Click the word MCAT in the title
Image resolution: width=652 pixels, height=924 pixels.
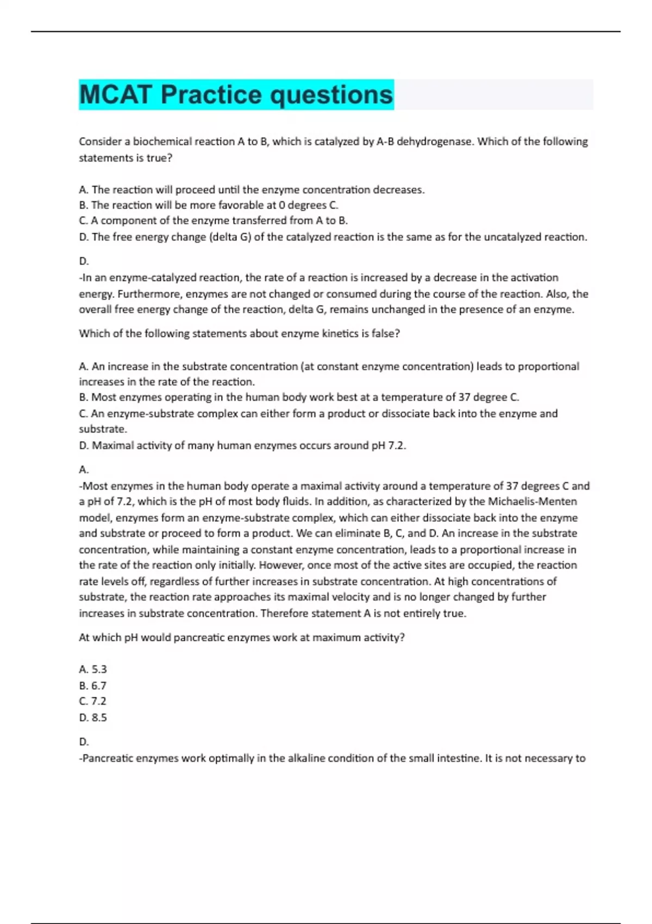[x=115, y=95]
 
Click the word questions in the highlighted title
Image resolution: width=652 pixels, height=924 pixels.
[x=331, y=95]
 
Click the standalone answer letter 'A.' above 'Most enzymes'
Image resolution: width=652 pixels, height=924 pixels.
[x=84, y=470]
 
